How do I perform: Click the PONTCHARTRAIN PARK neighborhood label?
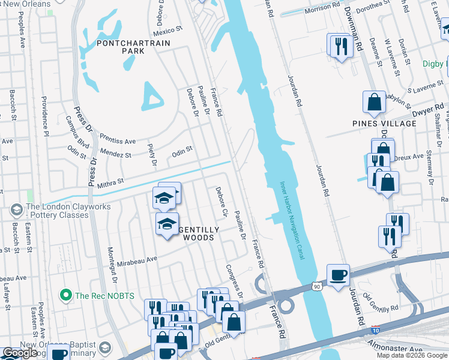133,47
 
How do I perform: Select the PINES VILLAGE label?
384,124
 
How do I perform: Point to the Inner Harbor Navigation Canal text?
292,221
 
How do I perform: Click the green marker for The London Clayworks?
16,210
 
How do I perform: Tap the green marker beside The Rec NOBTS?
66,295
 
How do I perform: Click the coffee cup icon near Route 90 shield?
339,275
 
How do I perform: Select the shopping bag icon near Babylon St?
374,103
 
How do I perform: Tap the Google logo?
19,352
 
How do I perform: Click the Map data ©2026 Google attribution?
411,355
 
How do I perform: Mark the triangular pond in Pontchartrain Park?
152,96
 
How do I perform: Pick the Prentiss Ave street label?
118,139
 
